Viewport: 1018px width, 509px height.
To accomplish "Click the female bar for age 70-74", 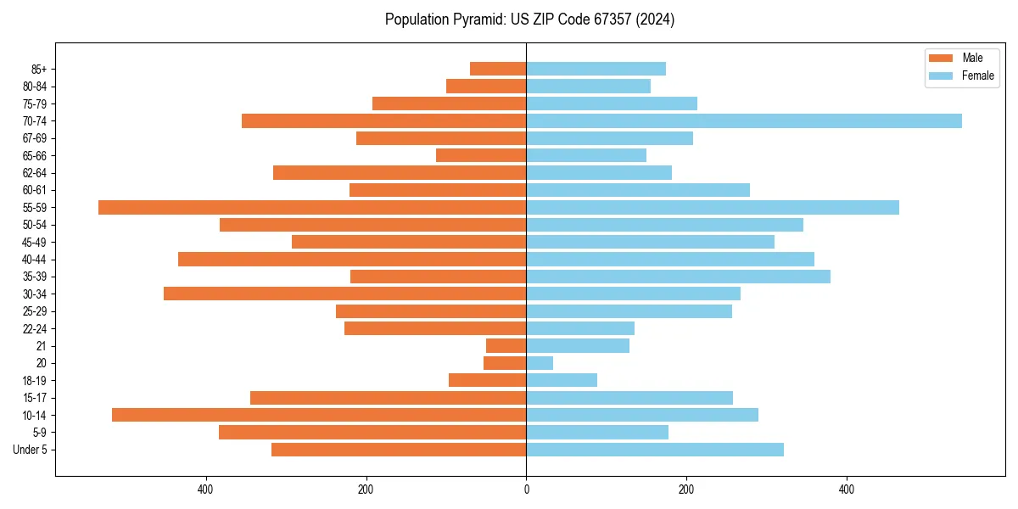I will (744, 120).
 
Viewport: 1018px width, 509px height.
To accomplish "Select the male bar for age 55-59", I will (312, 207).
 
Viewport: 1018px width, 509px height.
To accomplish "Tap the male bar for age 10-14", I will (319, 415).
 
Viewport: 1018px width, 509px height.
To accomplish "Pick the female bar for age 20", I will (540, 363).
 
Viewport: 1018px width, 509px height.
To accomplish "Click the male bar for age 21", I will (506, 346).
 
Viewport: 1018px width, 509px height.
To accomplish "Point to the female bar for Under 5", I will (655, 450).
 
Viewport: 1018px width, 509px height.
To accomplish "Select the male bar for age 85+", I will (498, 69).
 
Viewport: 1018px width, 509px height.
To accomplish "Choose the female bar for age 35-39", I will (679, 277).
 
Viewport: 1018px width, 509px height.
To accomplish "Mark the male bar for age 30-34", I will (345, 294).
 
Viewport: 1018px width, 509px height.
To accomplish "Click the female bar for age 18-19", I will (562, 380).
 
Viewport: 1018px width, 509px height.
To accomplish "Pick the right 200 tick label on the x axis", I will (686, 489).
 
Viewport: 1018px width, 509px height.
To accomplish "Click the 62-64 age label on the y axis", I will (35, 173).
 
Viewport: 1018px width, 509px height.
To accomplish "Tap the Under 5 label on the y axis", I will (30, 450).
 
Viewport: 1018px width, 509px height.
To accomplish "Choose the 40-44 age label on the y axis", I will (35, 260).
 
